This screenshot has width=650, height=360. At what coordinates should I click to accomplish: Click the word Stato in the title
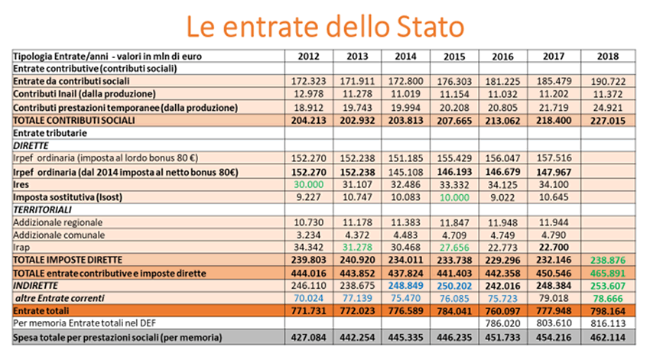click(430, 27)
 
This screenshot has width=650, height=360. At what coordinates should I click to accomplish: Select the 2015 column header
click(454, 57)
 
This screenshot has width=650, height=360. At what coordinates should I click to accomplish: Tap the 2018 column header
click(608, 57)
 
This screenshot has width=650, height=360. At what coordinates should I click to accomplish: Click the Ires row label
click(21, 184)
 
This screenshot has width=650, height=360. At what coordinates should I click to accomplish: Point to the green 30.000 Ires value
click(308, 184)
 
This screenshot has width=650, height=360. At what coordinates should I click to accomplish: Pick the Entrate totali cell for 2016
click(502, 311)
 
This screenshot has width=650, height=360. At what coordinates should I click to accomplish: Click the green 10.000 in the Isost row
click(454, 197)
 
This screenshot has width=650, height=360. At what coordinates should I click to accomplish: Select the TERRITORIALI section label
click(42, 209)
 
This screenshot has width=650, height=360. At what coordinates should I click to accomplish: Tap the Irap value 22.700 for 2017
click(554, 248)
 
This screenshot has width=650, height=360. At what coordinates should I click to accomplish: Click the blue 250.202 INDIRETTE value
click(454, 285)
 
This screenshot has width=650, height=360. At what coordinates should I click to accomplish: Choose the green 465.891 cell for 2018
click(608, 274)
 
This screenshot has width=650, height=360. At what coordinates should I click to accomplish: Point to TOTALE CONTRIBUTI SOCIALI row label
click(74, 121)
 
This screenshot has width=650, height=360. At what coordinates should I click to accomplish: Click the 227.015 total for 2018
click(608, 121)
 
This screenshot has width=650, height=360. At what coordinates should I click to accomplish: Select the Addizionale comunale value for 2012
click(308, 235)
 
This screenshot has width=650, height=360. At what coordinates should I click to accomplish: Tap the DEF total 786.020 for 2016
click(502, 323)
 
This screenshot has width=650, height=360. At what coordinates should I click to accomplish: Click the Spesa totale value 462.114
click(608, 337)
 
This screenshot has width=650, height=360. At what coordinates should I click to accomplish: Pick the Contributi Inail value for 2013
click(357, 94)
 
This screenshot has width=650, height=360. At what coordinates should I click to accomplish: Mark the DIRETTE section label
click(31, 146)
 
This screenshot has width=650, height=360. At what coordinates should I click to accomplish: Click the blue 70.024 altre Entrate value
click(308, 298)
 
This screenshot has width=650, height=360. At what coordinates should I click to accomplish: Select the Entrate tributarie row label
click(50, 133)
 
